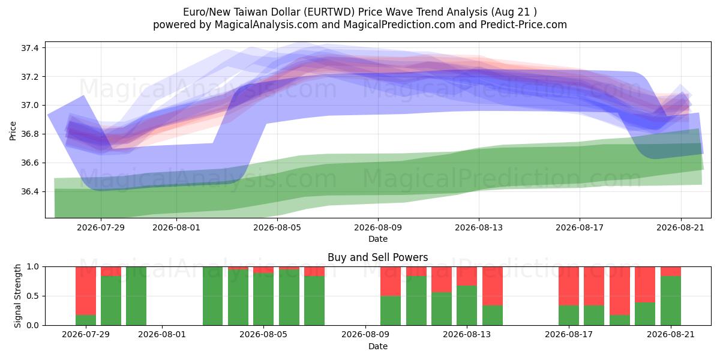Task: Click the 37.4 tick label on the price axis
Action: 29,48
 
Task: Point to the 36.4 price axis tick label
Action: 29,192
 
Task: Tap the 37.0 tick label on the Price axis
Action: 29,106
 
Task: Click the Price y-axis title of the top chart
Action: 13,131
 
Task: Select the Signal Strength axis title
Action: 17,296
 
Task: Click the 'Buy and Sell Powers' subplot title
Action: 377,257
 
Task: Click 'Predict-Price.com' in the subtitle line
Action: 524,25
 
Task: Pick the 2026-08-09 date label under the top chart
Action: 378,227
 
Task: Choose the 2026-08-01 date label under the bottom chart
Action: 162,335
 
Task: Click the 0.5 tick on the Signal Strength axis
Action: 32,296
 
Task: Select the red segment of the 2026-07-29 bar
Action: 86,291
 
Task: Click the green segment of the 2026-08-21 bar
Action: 671,301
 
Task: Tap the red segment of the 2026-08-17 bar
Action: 569,286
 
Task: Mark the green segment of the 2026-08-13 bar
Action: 467,305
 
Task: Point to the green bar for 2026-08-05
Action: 263,299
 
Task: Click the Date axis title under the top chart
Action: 378,239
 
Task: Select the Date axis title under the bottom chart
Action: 378,347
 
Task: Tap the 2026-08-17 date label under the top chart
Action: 580,227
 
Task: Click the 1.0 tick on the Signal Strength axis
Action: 32,267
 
